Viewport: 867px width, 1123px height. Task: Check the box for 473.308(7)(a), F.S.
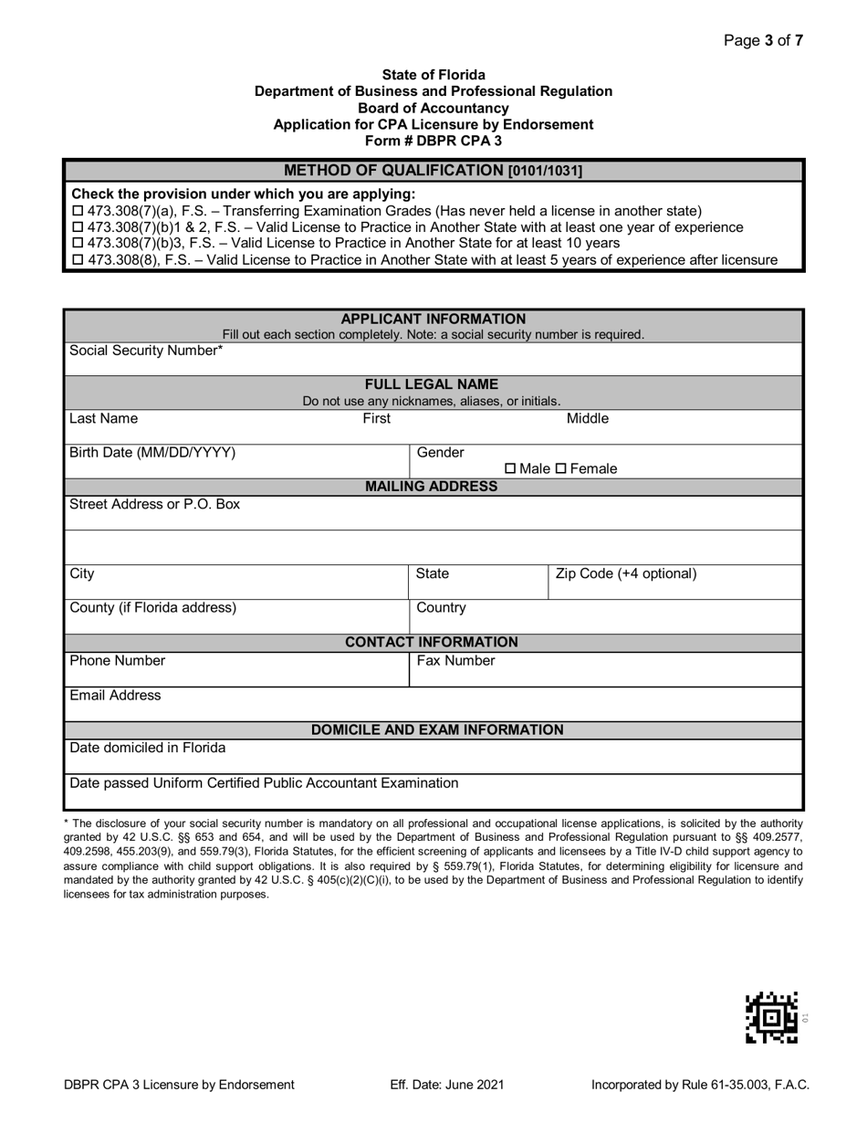point(77,211)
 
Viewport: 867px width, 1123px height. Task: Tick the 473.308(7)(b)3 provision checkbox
point(77,244)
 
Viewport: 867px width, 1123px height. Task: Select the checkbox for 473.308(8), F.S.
point(77,260)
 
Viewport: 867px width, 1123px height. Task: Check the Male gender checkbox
point(510,469)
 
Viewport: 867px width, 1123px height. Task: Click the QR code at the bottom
point(771,1017)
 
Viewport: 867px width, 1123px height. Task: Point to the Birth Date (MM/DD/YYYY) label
point(152,453)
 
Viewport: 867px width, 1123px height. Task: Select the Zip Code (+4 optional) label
point(626,574)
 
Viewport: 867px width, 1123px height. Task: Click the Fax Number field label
point(455,661)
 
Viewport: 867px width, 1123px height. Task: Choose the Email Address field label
point(115,696)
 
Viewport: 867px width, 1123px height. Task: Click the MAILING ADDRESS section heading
point(432,487)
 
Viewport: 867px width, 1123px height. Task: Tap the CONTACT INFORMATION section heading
point(432,643)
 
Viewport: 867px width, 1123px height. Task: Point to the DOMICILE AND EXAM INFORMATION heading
point(437,730)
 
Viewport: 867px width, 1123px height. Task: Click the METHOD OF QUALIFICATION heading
point(433,171)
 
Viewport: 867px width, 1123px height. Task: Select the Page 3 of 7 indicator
point(763,40)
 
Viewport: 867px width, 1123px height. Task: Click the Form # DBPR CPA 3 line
point(433,141)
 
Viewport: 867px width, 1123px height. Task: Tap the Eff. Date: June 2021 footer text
point(446,1086)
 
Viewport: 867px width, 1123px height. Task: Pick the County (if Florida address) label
point(152,608)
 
